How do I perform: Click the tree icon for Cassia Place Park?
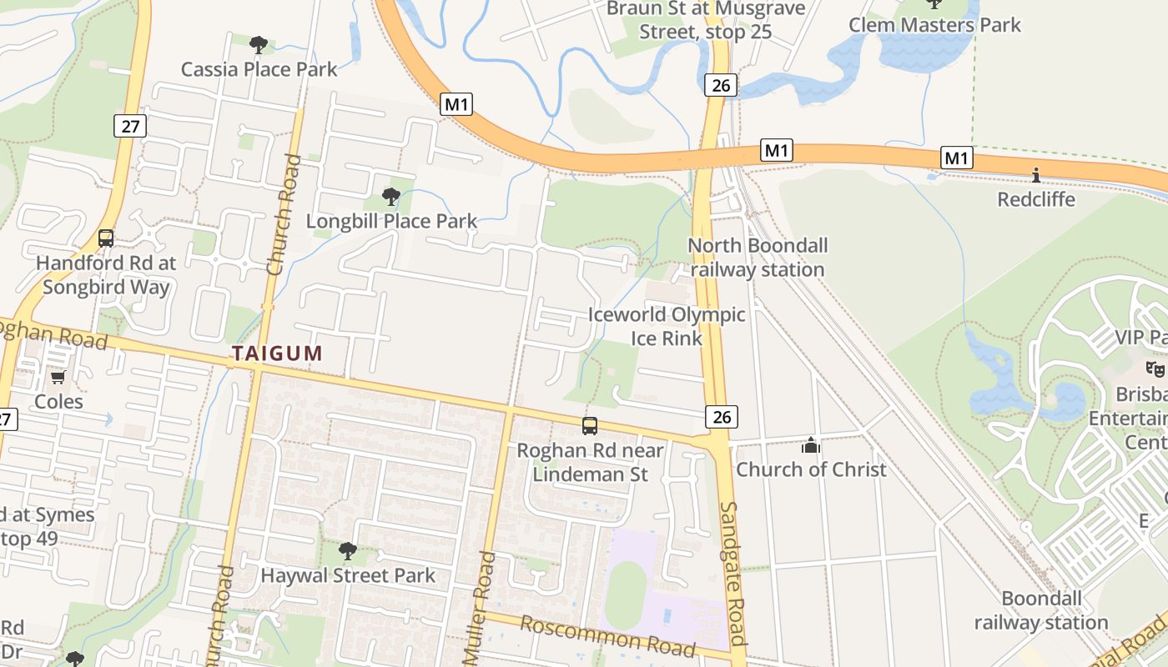(259, 43)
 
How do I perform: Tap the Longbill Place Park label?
(391, 221)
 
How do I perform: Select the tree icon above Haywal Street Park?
(347, 550)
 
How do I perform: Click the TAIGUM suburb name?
(277, 354)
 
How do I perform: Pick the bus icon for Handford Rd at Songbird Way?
(106, 238)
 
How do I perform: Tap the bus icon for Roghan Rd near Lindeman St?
(590, 426)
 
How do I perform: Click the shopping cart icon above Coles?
(58, 378)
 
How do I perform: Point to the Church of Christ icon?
(810, 446)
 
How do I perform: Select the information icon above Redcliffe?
(1035, 175)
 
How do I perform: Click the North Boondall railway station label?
(758, 258)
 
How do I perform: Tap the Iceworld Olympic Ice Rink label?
(667, 326)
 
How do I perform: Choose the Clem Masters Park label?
(934, 25)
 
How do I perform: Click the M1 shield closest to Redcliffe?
(957, 158)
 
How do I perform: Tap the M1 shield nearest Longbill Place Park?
(456, 104)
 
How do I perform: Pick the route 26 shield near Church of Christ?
(722, 417)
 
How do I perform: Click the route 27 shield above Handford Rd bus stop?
(129, 126)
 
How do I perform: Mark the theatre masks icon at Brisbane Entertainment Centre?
(1155, 369)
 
